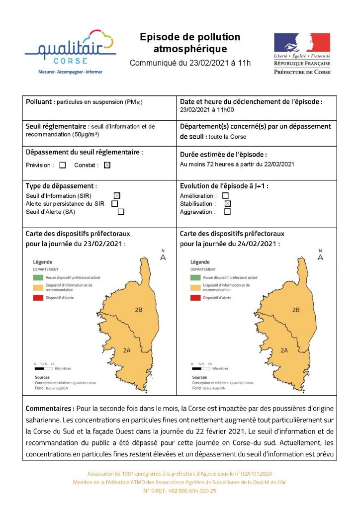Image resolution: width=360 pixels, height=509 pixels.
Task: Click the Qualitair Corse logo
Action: tap(70, 51)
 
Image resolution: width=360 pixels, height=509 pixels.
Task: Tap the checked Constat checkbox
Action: tap(107, 166)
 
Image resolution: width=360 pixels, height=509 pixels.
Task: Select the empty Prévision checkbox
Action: tap(63, 166)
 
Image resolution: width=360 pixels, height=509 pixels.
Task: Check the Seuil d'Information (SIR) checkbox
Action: tap(117, 195)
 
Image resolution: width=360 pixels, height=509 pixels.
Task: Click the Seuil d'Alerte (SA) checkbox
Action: tap(121, 212)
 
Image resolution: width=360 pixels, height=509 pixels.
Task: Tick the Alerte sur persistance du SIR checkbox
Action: tap(115, 203)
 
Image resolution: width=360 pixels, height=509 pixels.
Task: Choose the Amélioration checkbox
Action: tap(225, 196)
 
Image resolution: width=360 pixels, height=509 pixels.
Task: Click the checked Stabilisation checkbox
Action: tap(227, 204)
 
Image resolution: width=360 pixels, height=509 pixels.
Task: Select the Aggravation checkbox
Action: tap(227, 212)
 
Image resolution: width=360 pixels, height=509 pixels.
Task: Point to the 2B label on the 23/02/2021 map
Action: tap(138, 310)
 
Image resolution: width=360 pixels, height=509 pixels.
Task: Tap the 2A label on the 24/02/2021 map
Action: tap(284, 350)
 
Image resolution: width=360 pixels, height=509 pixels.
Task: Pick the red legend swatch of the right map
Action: tap(195, 298)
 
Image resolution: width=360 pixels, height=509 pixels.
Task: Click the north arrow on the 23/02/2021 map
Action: tap(163, 255)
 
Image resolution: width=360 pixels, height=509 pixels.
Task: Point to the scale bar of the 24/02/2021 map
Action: tap(201, 369)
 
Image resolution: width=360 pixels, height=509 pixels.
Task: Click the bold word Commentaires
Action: tap(49, 409)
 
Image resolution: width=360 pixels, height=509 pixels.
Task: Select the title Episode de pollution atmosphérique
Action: tap(190, 43)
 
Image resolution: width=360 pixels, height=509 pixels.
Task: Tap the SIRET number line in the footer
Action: tap(180, 491)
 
